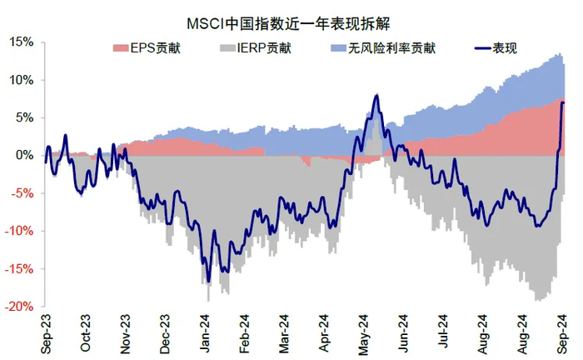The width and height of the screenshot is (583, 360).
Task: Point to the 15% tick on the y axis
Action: tap(22, 42)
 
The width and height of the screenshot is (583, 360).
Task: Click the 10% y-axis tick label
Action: tap(22, 80)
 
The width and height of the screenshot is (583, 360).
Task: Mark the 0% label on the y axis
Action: tap(25, 156)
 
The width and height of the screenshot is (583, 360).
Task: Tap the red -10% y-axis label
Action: tap(20, 231)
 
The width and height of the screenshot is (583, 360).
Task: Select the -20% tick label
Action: tap(20, 306)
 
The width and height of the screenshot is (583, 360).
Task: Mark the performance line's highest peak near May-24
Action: tap(376, 96)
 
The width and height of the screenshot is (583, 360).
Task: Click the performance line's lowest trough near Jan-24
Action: tap(208, 281)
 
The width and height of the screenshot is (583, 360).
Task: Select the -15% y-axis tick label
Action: tap(20, 268)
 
